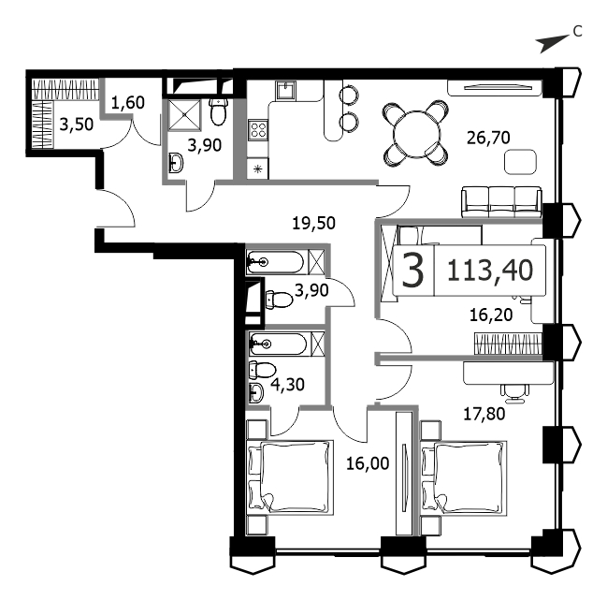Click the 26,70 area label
488,138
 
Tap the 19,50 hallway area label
313,224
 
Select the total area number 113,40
490,271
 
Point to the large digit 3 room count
413,271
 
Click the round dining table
416,134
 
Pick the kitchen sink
286,91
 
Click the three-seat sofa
501,202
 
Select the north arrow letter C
577,31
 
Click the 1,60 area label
128,103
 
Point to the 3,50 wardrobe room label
77,125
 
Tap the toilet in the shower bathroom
218,111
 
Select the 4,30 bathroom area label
287,385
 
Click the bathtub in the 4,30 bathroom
279,344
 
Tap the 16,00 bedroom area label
368,463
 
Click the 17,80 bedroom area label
484,414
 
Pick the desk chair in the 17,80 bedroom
514,391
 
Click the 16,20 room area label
491,315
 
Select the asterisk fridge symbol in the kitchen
258,169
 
